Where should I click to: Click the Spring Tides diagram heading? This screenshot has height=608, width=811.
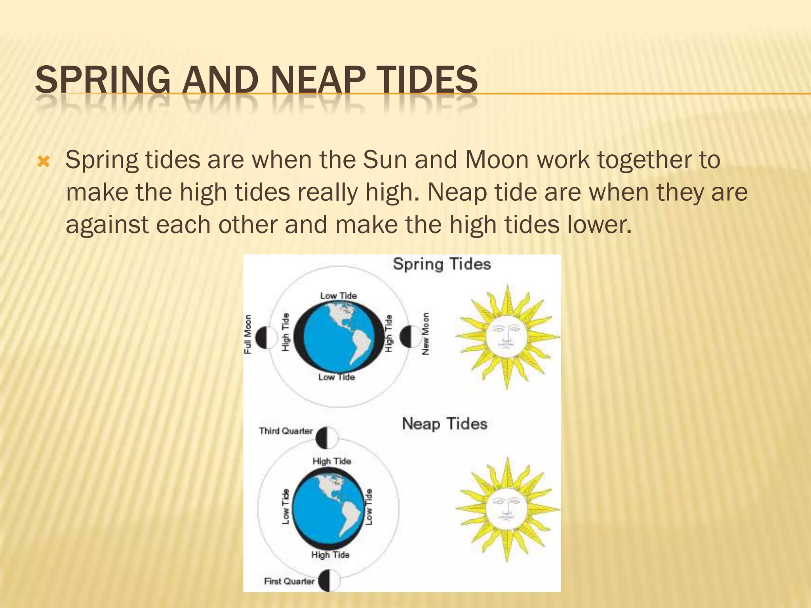point(442,264)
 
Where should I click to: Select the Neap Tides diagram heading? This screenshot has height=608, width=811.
point(444,424)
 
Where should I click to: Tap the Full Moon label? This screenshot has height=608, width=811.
point(248,334)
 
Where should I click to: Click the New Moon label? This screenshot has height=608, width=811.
point(426,334)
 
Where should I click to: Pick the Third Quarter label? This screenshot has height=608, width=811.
point(286,431)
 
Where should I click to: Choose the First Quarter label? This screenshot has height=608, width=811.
point(289,581)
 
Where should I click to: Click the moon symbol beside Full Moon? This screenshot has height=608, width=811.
point(266,338)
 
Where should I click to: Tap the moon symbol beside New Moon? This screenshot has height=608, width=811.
point(410,337)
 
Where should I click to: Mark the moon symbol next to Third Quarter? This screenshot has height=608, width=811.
point(327,438)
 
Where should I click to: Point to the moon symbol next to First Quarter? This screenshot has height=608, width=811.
point(329,581)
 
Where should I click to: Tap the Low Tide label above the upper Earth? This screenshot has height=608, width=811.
point(338,296)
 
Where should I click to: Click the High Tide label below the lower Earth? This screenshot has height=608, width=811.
point(330,555)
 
